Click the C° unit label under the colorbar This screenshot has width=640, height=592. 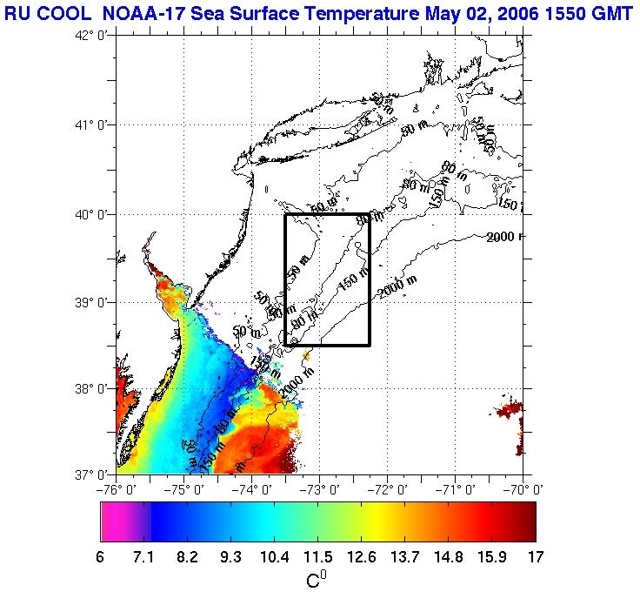[317, 578]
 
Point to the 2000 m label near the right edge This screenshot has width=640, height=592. [504, 237]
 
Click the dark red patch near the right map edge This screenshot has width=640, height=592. [506, 409]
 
